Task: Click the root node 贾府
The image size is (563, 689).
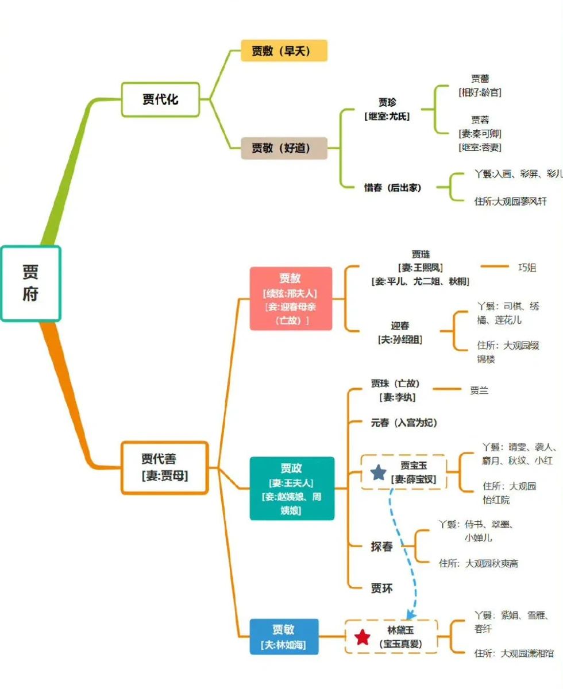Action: [x=30, y=283]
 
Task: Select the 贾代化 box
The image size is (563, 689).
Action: [x=160, y=99]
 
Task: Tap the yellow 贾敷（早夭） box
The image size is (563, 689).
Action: [x=284, y=51]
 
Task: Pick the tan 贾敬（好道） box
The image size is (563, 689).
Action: [x=284, y=148]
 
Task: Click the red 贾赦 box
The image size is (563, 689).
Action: [x=291, y=298]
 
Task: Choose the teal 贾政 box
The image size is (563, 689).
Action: [x=291, y=488]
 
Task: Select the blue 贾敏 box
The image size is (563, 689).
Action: [x=284, y=636]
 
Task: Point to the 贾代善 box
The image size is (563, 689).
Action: [x=164, y=467]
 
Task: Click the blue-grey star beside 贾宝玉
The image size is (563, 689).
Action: [x=378, y=473]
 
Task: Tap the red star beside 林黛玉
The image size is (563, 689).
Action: [x=363, y=637]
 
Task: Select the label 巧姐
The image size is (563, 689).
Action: [x=527, y=267]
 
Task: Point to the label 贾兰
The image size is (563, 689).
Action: [x=479, y=390]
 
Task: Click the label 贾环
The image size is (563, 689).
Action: [x=381, y=588]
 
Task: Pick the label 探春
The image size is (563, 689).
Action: [x=381, y=547]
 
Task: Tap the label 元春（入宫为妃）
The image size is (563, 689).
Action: [x=404, y=423]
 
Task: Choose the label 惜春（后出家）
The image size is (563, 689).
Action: [x=392, y=188]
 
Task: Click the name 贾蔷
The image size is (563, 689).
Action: [x=480, y=79]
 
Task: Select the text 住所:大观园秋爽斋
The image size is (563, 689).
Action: [x=478, y=563]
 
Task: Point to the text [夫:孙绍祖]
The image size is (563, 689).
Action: [x=400, y=339]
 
